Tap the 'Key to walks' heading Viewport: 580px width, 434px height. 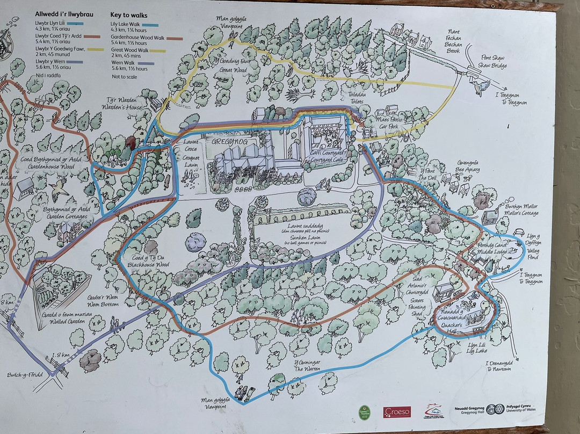[129, 16]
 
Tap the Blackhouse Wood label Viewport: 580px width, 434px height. [150, 265]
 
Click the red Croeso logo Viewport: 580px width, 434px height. [397, 412]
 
